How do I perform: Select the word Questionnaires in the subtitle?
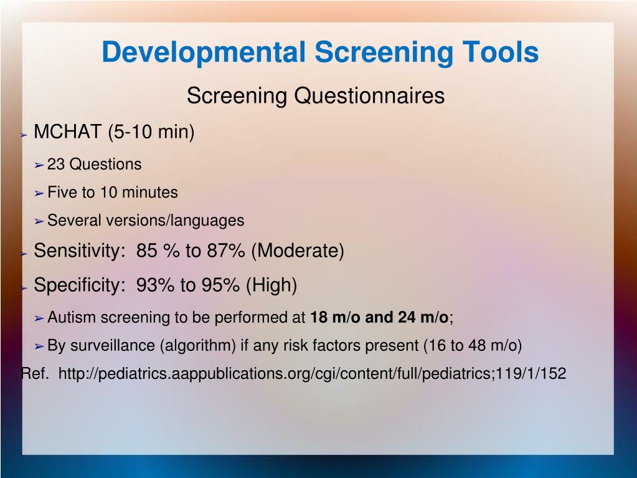369,96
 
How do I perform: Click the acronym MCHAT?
67,131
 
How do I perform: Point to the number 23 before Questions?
56,164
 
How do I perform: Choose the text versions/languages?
175,221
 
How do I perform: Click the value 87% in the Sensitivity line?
226,251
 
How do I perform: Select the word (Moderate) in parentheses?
298,251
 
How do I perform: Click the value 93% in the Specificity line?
155,285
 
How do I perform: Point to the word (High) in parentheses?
271,285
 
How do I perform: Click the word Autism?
72,317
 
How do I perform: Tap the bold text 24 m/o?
423,317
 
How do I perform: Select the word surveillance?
113,345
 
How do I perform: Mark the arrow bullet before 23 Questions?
39,165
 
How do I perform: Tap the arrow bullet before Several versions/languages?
39,221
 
